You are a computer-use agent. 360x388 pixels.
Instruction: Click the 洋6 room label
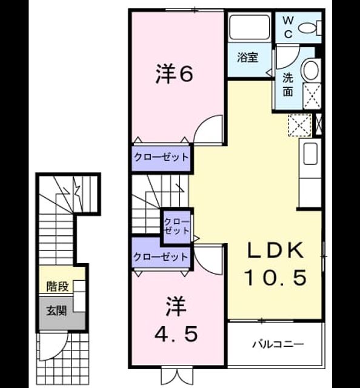[x=174, y=73]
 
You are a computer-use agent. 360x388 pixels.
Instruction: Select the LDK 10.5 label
[x=275, y=263]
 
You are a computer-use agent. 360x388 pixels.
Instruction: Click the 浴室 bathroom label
[x=248, y=57]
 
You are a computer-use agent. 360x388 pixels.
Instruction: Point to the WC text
[x=288, y=27]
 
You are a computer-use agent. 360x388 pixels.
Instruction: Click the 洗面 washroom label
[x=288, y=85]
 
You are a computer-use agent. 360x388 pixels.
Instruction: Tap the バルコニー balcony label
[x=278, y=344]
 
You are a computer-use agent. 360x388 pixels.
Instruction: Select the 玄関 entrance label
[x=56, y=311]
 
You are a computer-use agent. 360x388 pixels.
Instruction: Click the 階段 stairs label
[x=58, y=287]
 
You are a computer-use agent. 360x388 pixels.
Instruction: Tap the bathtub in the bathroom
[x=249, y=27]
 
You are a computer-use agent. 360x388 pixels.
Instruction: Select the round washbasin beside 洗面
[x=311, y=70]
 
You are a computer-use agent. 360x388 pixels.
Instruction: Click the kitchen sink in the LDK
[x=310, y=153]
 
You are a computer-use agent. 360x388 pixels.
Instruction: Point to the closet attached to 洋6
[x=161, y=158]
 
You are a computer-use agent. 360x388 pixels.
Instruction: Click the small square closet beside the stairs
[x=176, y=227]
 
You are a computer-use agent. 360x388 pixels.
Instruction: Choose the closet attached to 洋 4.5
[x=161, y=257]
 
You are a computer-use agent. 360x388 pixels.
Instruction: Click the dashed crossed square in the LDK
[x=299, y=125]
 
